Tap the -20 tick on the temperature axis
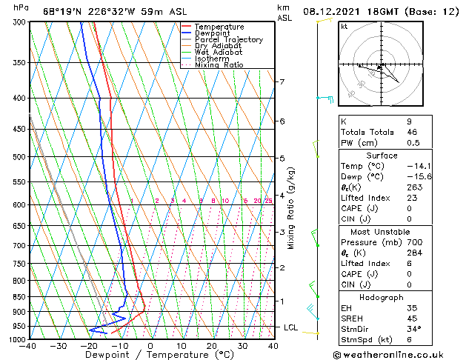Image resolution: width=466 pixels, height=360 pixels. (89, 345)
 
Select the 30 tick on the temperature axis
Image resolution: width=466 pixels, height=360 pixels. (242, 345)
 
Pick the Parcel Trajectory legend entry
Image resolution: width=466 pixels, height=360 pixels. (228, 40)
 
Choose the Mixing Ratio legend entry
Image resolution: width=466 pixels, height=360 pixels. (219, 65)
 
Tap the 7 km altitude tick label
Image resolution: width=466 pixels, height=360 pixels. (282, 81)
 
